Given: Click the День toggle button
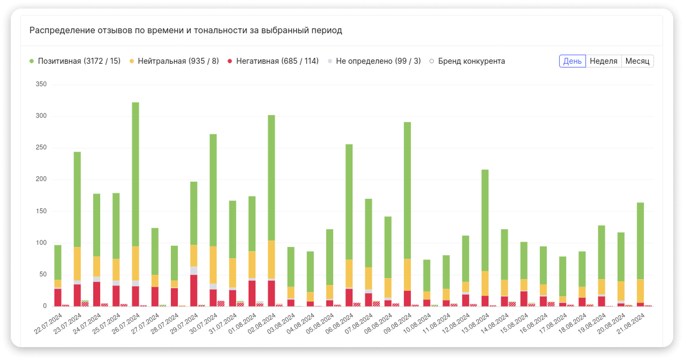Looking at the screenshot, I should point(572,61).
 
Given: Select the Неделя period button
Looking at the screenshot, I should point(604,61).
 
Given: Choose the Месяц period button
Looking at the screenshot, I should point(637,61).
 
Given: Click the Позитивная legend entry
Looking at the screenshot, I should point(75,61).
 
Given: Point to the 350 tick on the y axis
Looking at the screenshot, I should point(41,85).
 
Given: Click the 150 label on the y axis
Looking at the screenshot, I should point(41,211).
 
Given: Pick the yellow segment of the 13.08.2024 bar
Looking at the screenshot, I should point(485,283).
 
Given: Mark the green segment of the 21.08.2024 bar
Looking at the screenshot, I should point(641,241).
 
